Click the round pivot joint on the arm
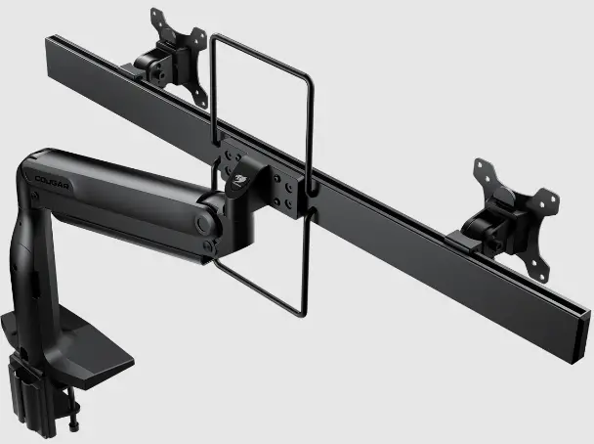tap(205, 222)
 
